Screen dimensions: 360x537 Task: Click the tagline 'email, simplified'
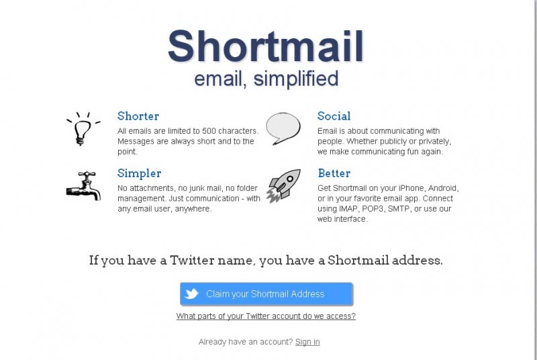(266, 79)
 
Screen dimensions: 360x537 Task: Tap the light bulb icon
(82, 128)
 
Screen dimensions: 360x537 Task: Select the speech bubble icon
(283, 128)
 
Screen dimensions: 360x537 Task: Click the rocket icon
(283, 185)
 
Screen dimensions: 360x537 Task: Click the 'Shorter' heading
(138, 116)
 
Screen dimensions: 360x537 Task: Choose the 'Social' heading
(334, 116)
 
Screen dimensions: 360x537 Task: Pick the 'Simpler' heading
(139, 173)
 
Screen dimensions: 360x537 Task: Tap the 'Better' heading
(334, 173)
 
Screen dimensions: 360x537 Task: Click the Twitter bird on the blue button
(192, 294)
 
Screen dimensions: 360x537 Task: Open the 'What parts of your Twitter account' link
(266, 316)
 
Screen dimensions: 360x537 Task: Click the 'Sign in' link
(307, 342)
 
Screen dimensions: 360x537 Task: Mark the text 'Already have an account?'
(246, 342)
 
